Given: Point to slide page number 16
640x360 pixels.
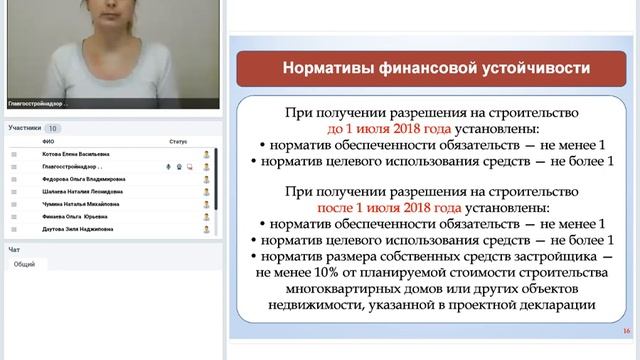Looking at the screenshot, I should (x=625, y=331).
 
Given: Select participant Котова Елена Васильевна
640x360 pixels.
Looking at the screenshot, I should (x=76, y=154).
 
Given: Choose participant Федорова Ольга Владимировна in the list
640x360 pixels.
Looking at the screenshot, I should (x=83, y=179).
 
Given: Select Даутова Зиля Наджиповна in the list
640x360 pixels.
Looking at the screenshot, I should (x=77, y=228).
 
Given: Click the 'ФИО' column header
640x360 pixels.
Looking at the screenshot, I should (x=48, y=142).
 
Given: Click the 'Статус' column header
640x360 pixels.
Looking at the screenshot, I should (x=178, y=142).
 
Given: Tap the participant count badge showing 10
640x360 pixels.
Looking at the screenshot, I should (x=53, y=128).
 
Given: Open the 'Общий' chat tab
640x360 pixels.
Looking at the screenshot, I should (x=24, y=264).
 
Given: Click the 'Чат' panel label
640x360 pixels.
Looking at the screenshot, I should (x=14, y=249).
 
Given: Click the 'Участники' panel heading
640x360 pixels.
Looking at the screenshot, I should (x=24, y=128).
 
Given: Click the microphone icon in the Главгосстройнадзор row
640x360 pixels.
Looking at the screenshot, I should (x=168, y=167).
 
